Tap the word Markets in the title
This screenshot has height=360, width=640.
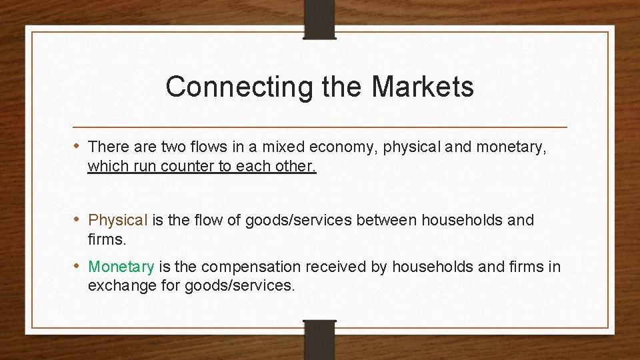pyautogui.click(x=423, y=87)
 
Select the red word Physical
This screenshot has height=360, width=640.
pyautogui.click(x=117, y=220)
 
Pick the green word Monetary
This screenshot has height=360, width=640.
pyautogui.click(x=121, y=267)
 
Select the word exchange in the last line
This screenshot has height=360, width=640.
pyautogui.click(x=117, y=286)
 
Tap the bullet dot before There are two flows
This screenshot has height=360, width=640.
pyautogui.click(x=79, y=145)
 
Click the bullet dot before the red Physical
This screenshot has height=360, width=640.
pyautogui.click(x=79, y=219)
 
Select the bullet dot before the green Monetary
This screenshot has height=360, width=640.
pyautogui.click(x=79, y=266)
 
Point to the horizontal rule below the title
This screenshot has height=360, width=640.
pyautogui.click(x=319, y=127)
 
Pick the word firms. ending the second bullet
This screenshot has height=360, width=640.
pyautogui.click(x=107, y=239)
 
